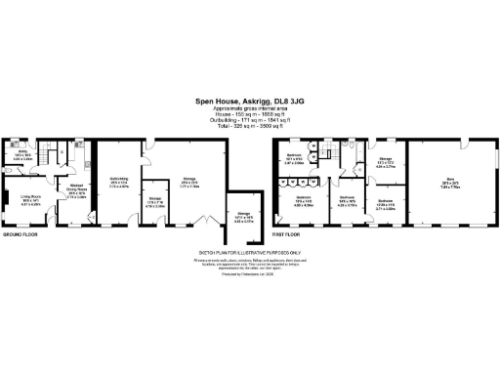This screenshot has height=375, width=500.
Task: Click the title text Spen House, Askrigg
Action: click(x=249, y=100)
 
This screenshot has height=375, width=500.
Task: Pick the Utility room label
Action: click(x=23, y=154)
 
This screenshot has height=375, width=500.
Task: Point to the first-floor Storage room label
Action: click(x=384, y=164)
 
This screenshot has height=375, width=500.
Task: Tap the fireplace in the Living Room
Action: click(x=5, y=202)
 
